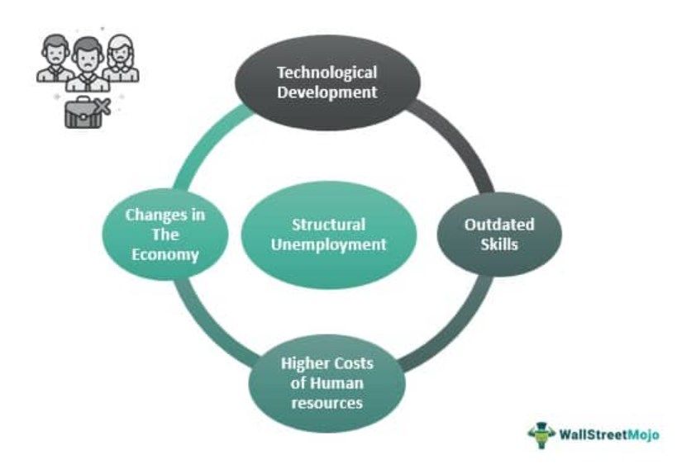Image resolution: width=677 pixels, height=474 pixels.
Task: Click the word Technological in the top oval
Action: (x=327, y=73)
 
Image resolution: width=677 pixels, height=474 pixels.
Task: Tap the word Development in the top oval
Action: (x=327, y=92)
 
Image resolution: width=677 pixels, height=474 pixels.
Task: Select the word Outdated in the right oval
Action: (x=498, y=225)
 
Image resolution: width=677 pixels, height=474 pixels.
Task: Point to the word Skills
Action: (x=498, y=244)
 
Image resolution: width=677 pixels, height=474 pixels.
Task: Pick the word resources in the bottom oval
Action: (x=327, y=403)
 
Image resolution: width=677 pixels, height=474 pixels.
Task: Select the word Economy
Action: (x=165, y=254)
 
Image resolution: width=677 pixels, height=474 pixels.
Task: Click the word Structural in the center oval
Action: (x=328, y=225)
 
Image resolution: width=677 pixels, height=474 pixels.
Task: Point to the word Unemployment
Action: (x=328, y=244)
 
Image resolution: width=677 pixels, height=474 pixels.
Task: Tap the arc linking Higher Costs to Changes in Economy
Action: (x=207, y=330)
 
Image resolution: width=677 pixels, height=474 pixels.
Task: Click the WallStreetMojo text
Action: (x=607, y=434)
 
